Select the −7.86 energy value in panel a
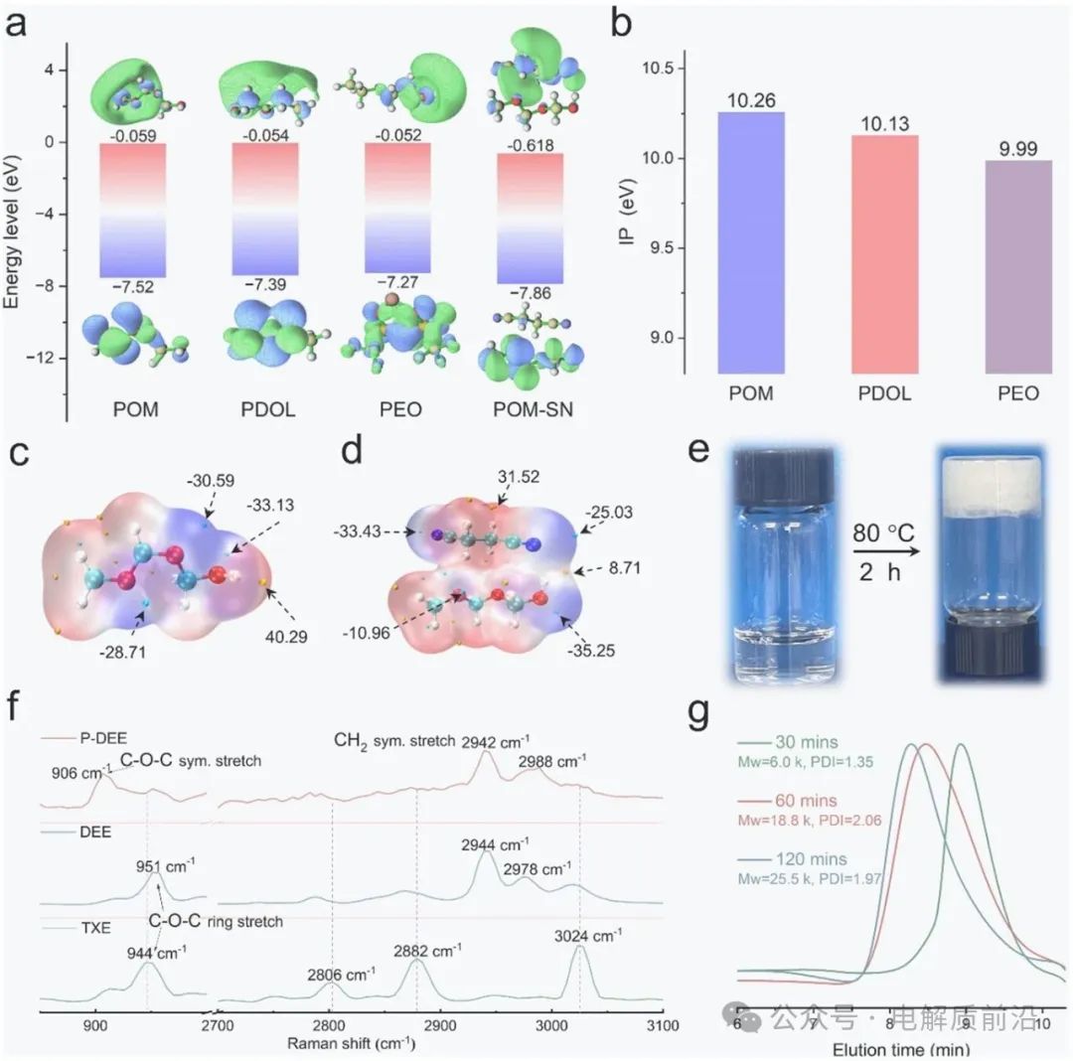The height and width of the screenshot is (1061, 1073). pyautogui.click(x=529, y=295)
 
